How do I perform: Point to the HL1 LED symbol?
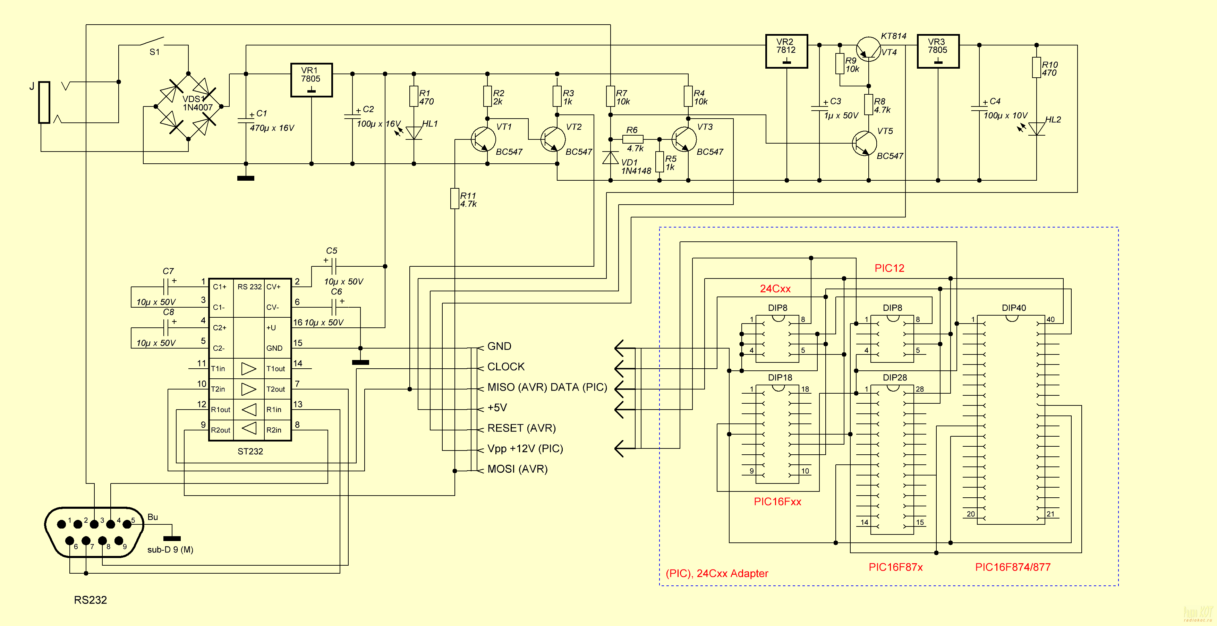(414, 132)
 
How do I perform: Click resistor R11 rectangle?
(454, 198)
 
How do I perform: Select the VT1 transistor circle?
(483, 139)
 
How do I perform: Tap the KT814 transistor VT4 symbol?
(868, 49)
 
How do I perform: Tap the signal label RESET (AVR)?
(521, 428)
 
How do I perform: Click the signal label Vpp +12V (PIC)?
(525, 448)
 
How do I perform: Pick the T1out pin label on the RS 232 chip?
(275, 369)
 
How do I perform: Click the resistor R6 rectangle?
(632, 139)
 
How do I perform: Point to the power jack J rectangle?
(44, 102)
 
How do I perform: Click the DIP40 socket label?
(1013, 308)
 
